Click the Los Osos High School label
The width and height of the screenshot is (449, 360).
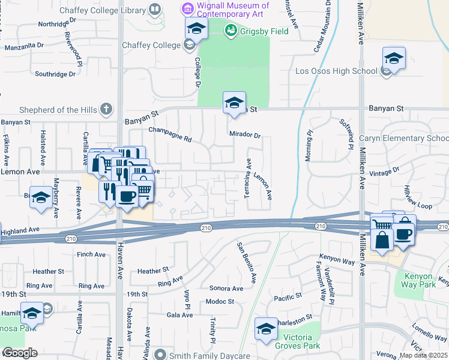pyautogui.click(x=336, y=71)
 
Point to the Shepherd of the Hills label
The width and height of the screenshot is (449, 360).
pyautogui.click(x=50, y=110)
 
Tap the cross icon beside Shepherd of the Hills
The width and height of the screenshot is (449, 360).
pyautogui.click(x=106, y=109)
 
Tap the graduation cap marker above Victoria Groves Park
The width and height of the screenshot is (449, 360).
pyautogui.click(x=266, y=328)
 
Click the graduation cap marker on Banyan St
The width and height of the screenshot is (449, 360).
pyautogui.click(x=234, y=102)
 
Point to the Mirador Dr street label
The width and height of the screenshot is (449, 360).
pyautogui.click(x=244, y=135)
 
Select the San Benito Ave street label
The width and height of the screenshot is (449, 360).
pyautogui.click(x=247, y=263)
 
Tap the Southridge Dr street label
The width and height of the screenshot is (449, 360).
pyautogui.click(x=55, y=74)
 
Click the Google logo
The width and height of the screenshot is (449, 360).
pyautogui.click(x=19, y=353)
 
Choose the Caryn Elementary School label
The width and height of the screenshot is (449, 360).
pyautogui.click(x=403, y=139)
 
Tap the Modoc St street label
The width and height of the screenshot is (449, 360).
pyautogui.click(x=219, y=301)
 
